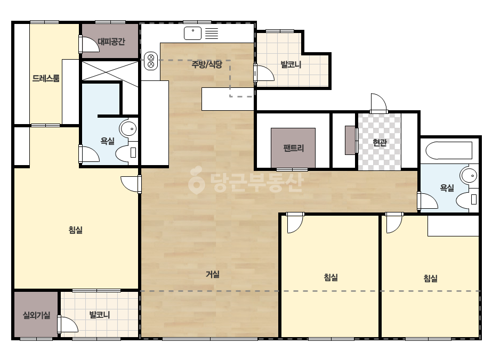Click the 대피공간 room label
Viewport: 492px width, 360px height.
[111, 42]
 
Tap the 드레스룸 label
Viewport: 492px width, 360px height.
[46, 78]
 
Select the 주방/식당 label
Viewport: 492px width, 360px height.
[207, 64]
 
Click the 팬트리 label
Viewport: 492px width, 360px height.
[293, 148]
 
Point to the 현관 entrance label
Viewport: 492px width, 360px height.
[380, 143]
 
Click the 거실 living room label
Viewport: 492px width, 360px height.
[213, 274]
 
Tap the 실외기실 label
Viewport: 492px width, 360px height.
[36, 315]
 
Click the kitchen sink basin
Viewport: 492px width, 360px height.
[192, 34]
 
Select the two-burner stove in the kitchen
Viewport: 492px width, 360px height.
[151, 61]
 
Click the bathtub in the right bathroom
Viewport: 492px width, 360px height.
[449, 151]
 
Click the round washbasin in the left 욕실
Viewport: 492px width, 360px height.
[128, 128]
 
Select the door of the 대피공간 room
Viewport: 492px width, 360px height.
[89, 44]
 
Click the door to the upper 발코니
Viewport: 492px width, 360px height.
[264, 73]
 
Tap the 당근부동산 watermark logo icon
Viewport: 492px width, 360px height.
[196, 180]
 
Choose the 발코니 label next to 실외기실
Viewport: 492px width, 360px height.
[100, 315]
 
